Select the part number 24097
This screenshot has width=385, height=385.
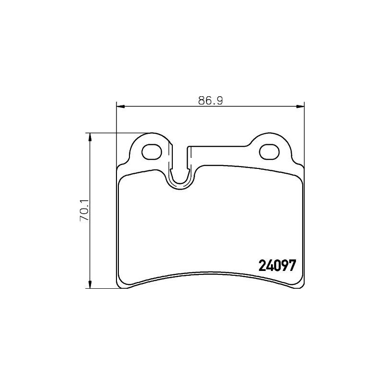point(277,265)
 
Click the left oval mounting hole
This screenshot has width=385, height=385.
point(153,151)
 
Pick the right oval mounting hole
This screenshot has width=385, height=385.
point(269,151)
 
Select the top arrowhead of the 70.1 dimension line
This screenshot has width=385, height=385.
point(89,137)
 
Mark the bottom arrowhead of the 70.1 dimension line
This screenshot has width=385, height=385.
point(89,285)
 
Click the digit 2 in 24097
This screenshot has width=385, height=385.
point(263,265)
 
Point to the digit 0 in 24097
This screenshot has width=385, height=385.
point(277,265)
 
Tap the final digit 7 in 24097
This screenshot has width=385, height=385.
point(291,265)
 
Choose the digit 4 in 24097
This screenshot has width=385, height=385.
point(269,265)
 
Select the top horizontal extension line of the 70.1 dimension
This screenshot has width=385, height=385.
point(115,133)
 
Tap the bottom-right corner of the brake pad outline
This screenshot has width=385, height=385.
point(301,287)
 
